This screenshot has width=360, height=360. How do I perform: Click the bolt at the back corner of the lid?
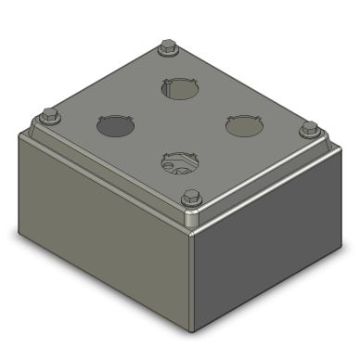click(x=167, y=46)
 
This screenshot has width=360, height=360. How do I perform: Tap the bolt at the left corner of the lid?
click(x=50, y=116)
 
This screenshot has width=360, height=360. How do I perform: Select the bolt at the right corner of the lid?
click(x=309, y=128)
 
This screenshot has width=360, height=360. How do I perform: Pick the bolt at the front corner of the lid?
click(x=191, y=197)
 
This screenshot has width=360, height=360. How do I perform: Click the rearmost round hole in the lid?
click(x=178, y=89)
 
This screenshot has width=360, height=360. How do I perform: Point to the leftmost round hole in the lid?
click(x=112, y=124)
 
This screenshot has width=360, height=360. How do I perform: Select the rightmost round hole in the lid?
click(x=241, y=124)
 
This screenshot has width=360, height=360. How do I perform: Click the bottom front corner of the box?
click(x=192, y=330)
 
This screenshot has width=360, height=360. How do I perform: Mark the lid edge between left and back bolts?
click(x=107, y=80)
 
